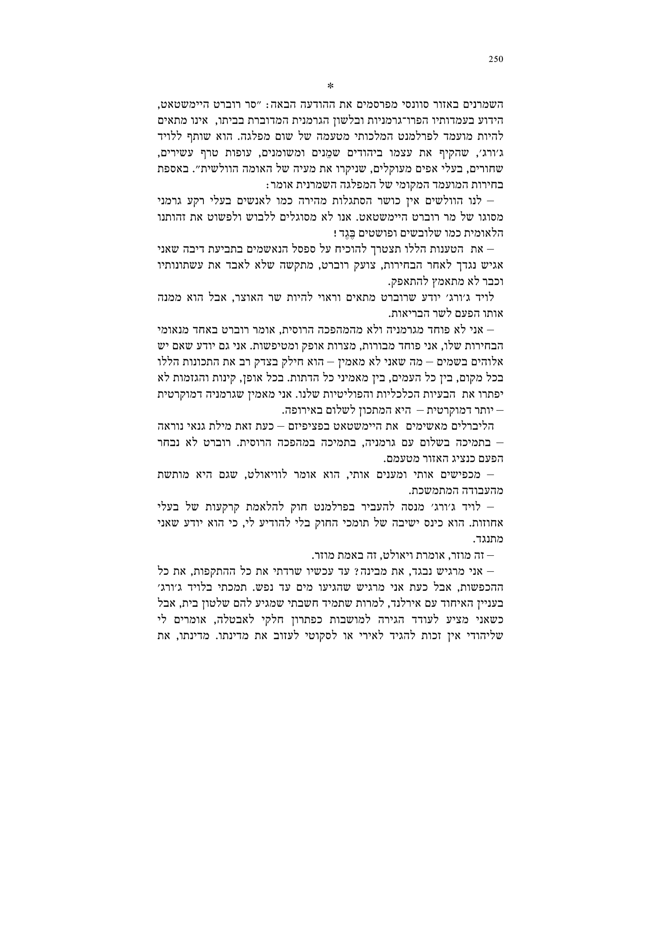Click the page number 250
tap(496, 60)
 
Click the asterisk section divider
tap(330, 86)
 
